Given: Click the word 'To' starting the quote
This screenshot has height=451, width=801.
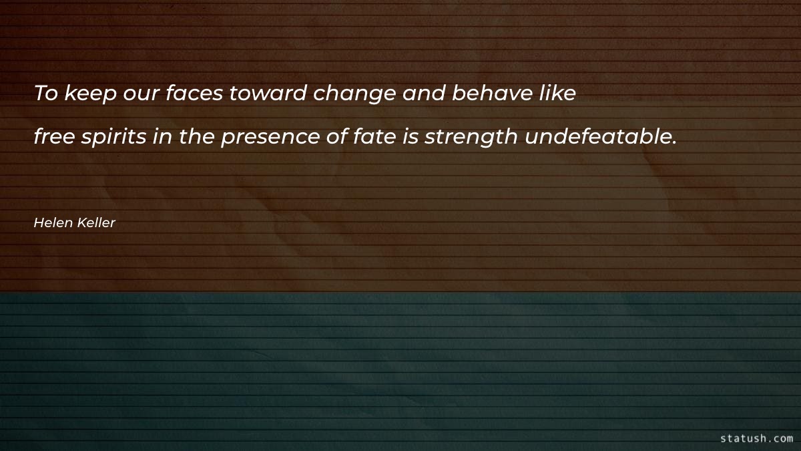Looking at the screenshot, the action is click(x=46, y=93).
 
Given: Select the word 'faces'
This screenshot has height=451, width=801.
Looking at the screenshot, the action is click(x=194, y=93).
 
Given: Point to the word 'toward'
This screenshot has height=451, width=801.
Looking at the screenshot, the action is click(x=268, y=93).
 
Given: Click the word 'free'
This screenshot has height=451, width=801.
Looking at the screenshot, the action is click(x=54, y=136).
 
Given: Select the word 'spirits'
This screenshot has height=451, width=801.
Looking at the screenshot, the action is click(x=113, y=138).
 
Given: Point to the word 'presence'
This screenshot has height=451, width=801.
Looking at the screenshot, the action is click(x=270, y=138).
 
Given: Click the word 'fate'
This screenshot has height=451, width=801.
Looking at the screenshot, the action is click(x=374, y=136).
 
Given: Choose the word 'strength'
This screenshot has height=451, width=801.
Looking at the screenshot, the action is click(x=471, y=138).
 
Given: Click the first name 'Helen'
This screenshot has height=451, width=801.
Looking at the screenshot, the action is click(x=53, y=222).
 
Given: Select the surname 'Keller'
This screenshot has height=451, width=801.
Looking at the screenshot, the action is click(x=96, y=222).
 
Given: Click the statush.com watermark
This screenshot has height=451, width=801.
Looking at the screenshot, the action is click(x=757, y=438).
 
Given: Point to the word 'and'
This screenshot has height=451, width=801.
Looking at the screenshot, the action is click(x=424, y=93).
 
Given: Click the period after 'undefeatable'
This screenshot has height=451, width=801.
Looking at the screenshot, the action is click(x=674, y=143).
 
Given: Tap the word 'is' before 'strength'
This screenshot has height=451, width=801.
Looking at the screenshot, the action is click(x=411, y=136).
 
